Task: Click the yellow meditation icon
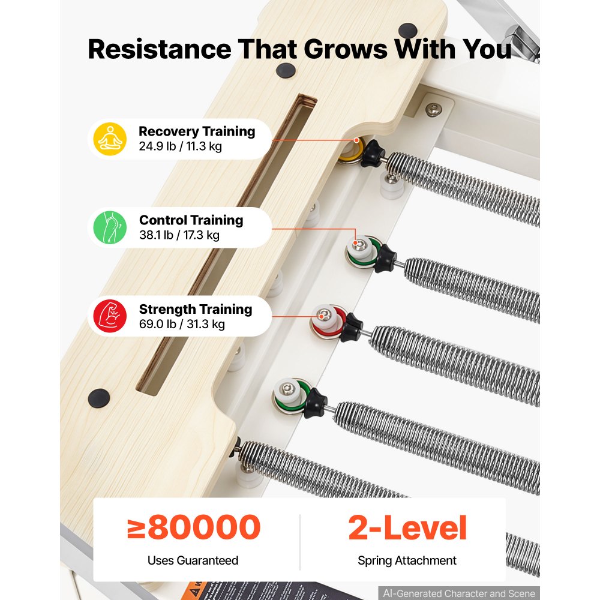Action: pos(110,139)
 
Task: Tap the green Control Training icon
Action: pos(110,227)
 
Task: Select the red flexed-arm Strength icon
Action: pos(110,316)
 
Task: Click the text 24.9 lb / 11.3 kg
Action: pos(180,146)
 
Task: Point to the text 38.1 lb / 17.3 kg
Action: pos(179,235)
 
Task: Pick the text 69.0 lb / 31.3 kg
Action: pos(182,324)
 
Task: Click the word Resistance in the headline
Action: pos(160,49)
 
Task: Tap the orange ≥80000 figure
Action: pos(194,527)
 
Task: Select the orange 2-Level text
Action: pos(407,527)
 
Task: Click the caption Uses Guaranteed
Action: pos(193,560)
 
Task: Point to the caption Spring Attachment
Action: pos(407,560)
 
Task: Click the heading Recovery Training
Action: pos(197,131)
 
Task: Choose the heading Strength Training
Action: pos(196,309)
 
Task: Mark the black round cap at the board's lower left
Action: pos(99,398)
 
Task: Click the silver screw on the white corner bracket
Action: pos(434,110)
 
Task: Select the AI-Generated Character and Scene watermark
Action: pos(459,593)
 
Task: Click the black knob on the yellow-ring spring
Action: pos(373,154)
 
